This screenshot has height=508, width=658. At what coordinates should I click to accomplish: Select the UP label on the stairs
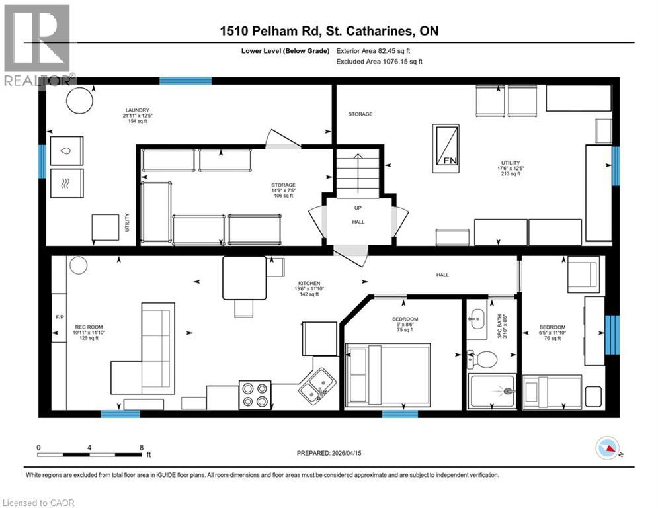click(357, 208)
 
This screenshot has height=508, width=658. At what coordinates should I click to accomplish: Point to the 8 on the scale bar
click(142, 447)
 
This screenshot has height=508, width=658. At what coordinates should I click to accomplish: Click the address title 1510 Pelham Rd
click(328, 31)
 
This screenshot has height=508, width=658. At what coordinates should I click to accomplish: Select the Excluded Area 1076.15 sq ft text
click(379, 61)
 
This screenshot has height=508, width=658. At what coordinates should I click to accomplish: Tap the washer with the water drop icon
click(67, 151)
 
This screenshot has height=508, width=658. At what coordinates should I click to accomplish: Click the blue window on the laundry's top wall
click(185, 81)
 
